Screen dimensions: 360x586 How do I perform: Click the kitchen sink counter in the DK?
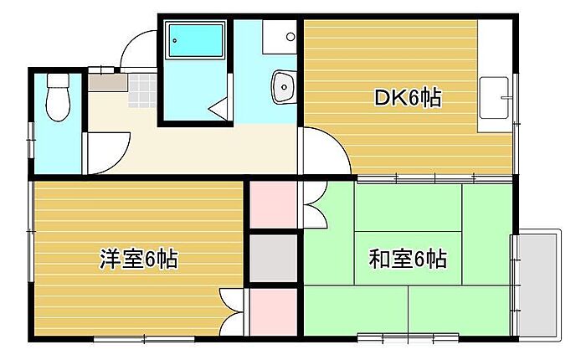pos(494,104)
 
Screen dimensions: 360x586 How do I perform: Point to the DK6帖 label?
pos(407,99)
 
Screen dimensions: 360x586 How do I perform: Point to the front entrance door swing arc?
pos(137,50)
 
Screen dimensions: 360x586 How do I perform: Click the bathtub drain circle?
pos(175,30)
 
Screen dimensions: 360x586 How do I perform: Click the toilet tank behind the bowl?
pos(57,82)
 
